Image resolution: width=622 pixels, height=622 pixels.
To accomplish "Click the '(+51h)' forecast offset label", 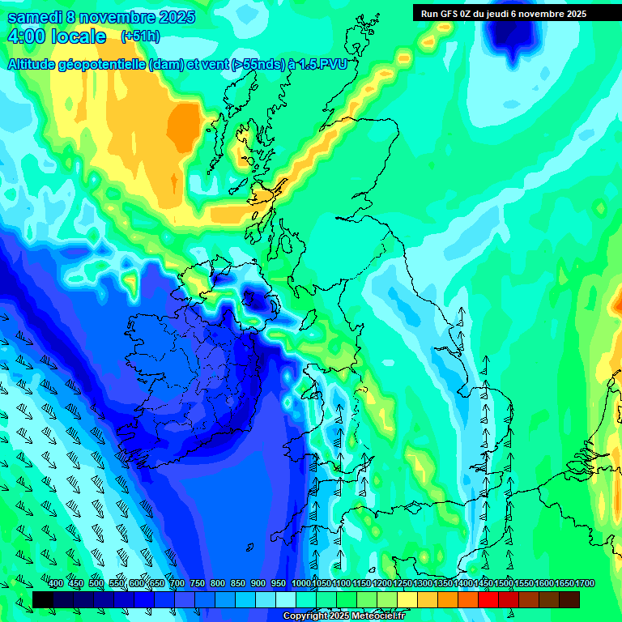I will tap(140, 36).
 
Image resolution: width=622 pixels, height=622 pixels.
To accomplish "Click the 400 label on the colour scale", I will tap(56, 584).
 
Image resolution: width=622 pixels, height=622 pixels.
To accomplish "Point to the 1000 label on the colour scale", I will tap(301, 584).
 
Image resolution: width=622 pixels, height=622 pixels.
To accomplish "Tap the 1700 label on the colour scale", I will tap(585, 584).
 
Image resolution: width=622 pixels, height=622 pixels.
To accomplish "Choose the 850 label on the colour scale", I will tap(238, 584).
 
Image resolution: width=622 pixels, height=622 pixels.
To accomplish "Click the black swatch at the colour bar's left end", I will tap(43, 599).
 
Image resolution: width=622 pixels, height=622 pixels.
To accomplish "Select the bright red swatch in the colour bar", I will tap(488, 599).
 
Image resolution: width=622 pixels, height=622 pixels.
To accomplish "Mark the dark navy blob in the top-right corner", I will tap(514, 31).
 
